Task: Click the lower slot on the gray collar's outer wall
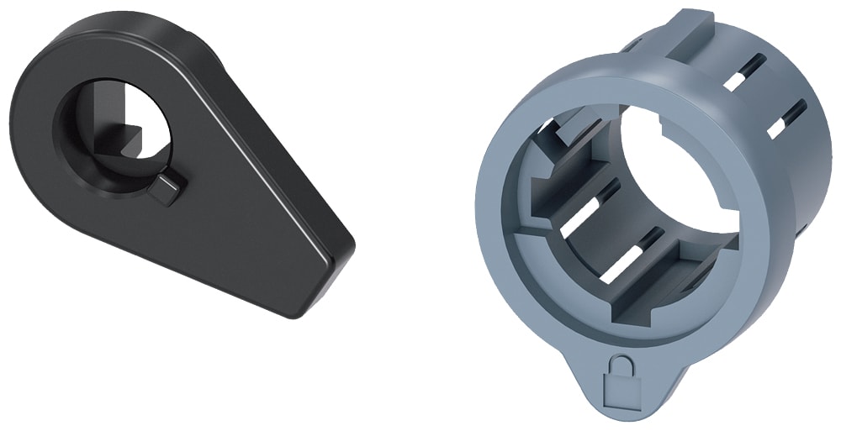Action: point(786,118)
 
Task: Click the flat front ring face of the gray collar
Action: point(505,252)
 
